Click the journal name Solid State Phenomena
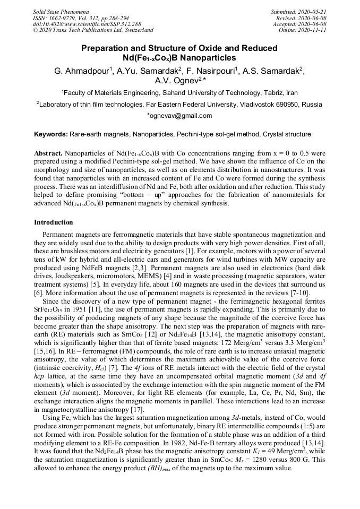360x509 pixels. tap(60, 11)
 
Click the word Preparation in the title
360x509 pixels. tap(108, 48)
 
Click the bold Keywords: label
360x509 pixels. tap(52, 135)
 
